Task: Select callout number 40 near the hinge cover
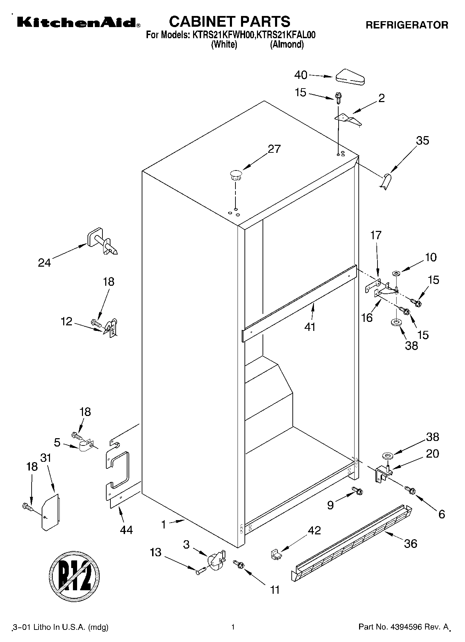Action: pyautogui.click(x=301, y=75)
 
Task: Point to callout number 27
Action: pyautogui.click(x=274, y=149)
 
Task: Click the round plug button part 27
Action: pyautogui.click(x=235, y=174)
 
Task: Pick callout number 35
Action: pyautogui.click(x=423, y=141)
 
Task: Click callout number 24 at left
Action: pyautogui.click(x=44, y=263)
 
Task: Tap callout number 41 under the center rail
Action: pyautogui.click(x=310, y=327)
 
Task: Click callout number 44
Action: pyautogui.click(x=126, y=530)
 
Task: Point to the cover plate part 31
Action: pyautogui.click(x=50, y=512)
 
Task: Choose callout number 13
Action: pyautogui.click(x=156, y=552)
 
